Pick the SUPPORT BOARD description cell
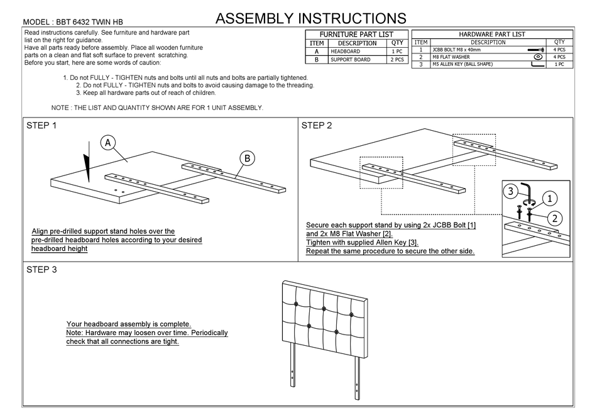350,60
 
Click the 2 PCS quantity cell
397,60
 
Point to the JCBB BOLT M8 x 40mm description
462,49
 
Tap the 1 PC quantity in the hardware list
559,64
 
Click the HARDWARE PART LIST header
492,35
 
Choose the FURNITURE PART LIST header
356,34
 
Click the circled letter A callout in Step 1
108,143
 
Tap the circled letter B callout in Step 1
247,159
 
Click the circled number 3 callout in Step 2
512,191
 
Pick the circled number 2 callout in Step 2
555,219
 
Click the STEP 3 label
41,270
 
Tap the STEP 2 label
317,125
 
